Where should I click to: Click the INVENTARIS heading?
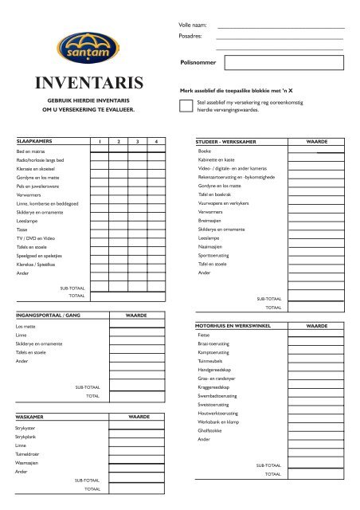coord(88,83)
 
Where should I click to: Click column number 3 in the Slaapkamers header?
coord(137,141)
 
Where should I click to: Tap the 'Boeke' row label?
coord(205,150)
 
